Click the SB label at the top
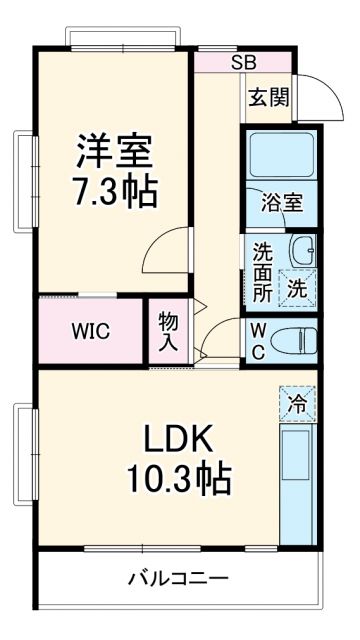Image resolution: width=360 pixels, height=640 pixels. [x=243, y=62]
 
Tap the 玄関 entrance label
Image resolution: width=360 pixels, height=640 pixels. [x=267, y=98]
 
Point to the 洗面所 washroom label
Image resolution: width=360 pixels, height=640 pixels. [x=262, y=272]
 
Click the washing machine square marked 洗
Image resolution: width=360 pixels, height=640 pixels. [x=297, y=286]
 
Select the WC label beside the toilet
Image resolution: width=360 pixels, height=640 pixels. [x=257, y=340]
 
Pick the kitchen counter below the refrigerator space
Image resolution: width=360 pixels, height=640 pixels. [x=297, y=480]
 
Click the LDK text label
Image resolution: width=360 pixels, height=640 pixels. [x=179, y=441]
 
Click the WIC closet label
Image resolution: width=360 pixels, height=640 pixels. [x=89, y=331]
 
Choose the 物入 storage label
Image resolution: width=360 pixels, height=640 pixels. [x=168, y=331]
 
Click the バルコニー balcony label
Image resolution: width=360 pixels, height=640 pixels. [x=179, y=579]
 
